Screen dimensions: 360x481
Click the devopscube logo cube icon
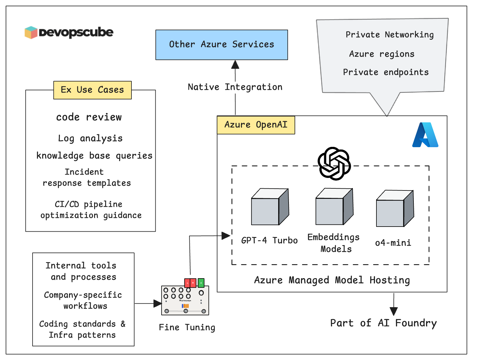click(31, 32)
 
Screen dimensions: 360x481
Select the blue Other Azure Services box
click(221, 45)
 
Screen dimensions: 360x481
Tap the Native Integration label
click(235, 87)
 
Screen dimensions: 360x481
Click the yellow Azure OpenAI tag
click(256, 125)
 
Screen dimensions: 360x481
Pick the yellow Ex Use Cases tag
click(92, 90)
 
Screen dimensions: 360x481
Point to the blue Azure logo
click(425, 135)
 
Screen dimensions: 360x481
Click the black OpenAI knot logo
click(334, 164)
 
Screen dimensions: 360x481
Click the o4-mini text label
click(393, 243)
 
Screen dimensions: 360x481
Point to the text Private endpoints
click(385, 72)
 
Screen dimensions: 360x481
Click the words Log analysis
click(90, 139)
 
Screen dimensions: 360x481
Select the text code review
click(89, 117)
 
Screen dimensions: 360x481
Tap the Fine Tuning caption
click(187, 327)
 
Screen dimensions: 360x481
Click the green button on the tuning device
click(201, 282)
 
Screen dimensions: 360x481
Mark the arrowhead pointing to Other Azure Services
click(235, 64)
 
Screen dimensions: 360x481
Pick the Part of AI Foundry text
click(383, 323)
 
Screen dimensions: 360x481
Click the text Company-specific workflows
click(83, 300)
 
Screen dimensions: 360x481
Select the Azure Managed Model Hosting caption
click(332, 280)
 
